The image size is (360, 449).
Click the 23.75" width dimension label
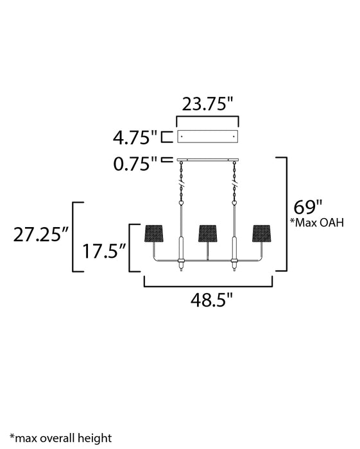pos(207,104)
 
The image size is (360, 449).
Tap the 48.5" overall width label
pos(208,300)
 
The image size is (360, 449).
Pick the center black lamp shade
pos(207,233)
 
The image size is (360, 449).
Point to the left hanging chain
pos(180,183)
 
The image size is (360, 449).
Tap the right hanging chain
pos(235,183)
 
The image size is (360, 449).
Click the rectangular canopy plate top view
pos(207,137)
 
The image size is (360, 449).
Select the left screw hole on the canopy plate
pos(182,137)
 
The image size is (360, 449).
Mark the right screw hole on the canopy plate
pos(234,137)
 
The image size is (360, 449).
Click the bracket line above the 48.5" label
pos(208,285)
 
